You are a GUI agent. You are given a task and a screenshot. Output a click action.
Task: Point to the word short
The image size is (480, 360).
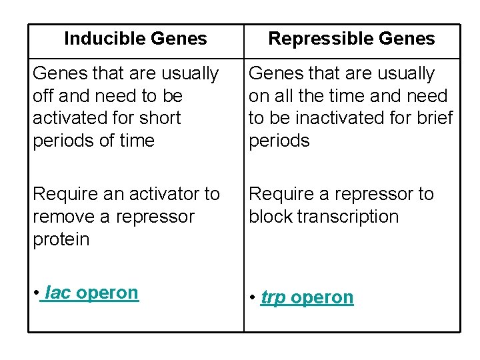click(x=161, y=118)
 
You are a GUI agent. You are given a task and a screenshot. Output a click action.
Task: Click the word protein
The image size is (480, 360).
click(x=61, y=239)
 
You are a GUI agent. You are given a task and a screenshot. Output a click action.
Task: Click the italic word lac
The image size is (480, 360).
click(x=58, y=293)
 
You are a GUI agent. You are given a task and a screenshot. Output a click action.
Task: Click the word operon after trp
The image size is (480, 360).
click(x=322, y=297)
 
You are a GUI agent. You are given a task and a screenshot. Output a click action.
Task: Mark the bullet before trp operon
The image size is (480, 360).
click(x=252, y=298)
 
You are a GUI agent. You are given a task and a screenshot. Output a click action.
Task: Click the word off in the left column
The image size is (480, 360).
click(x=44, y=96)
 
